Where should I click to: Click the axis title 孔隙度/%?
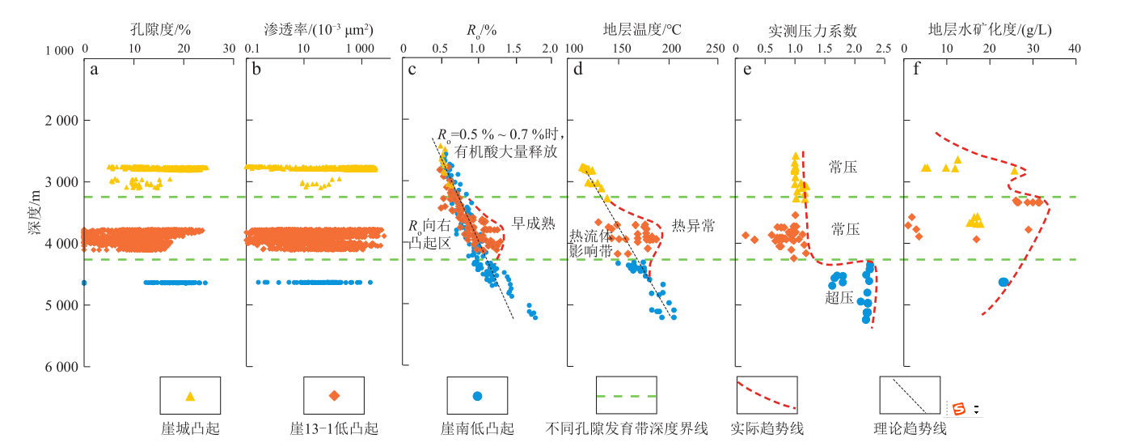(x=159, y=30)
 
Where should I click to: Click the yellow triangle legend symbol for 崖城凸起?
(x=190, y=396)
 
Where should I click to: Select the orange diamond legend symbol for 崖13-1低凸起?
(x=334, y=396)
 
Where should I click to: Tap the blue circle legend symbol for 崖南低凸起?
(x=477, y=396)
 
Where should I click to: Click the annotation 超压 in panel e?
(x=839, y=298)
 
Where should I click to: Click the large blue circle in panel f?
(x=1004, y=283)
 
